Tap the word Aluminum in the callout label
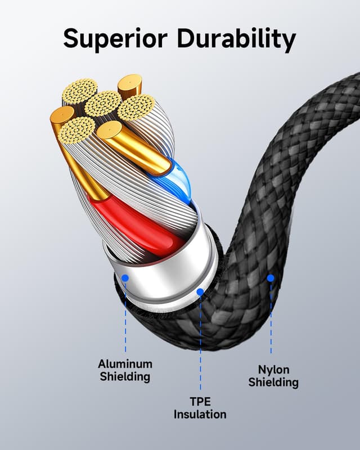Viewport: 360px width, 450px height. [125, 364]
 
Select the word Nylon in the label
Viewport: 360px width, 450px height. [273, 370]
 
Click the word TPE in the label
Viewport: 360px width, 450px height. [200, 402]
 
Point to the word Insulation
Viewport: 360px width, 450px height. [200, 415]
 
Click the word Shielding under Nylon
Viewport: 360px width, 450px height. [273, 382]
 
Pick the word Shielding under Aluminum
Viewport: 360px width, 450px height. [125, 377]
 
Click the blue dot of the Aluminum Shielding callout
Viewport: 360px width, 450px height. [125, 278]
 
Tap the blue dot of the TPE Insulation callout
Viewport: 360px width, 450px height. [200, 292]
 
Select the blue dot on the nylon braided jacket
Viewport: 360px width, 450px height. [271, 277]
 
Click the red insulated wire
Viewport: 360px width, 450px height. [135, 225]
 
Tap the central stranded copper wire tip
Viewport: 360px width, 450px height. [103, 103]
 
